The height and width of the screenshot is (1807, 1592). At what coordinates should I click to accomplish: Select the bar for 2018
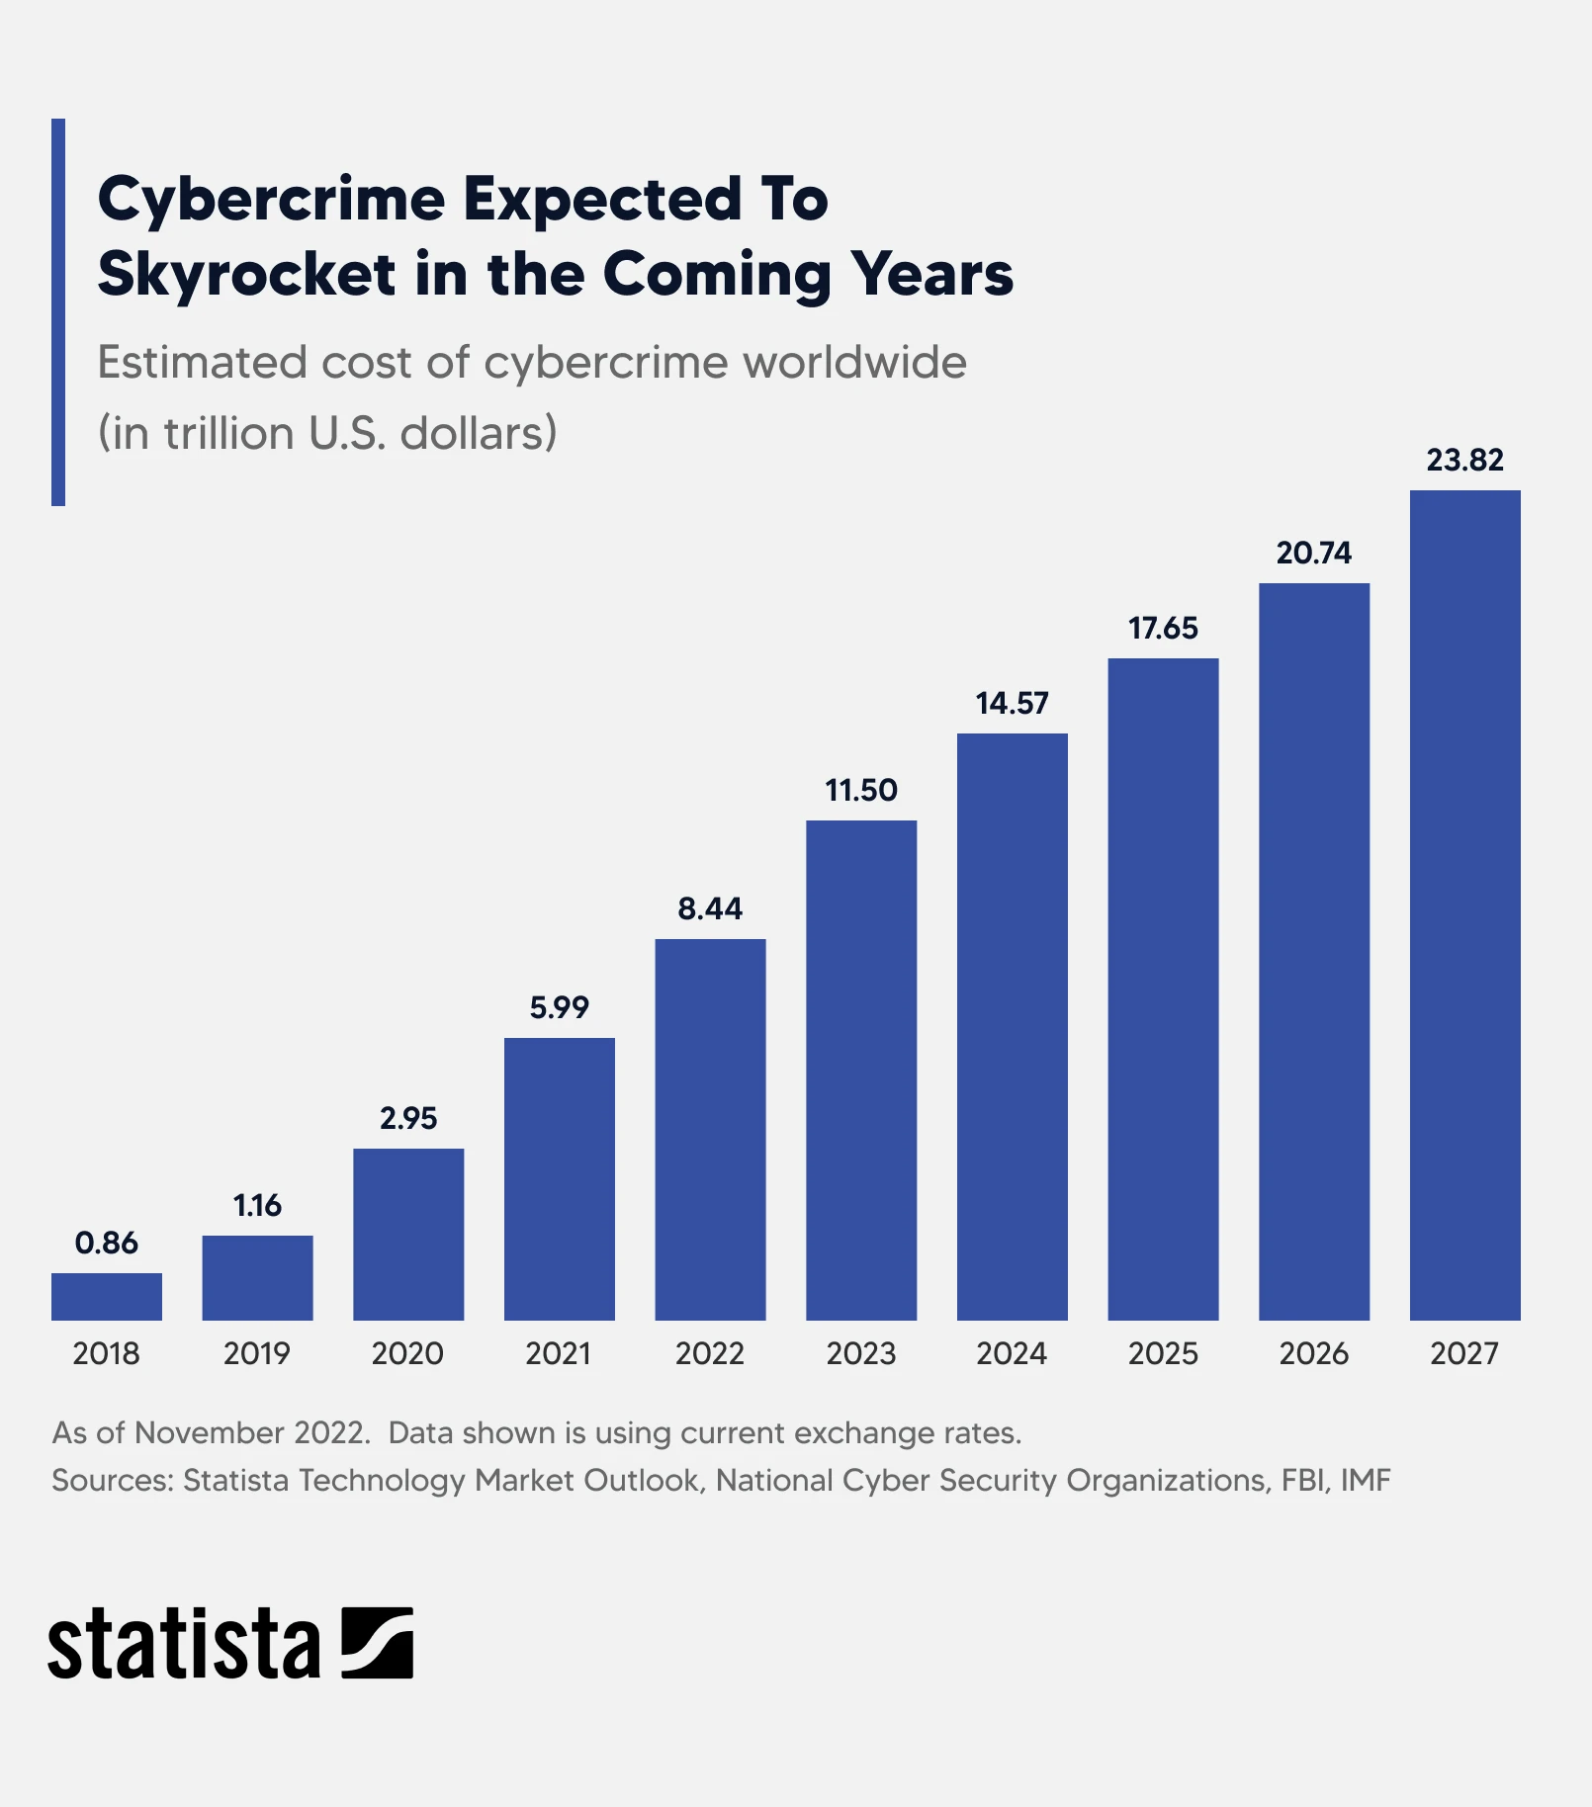pyautogui.click(x=106, y=1296)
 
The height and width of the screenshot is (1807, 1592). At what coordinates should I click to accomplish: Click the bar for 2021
pyautogui.click(x=559, y=1178)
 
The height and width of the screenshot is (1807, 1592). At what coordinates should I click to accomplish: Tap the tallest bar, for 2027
pyautogui.click(x=1464, y=904)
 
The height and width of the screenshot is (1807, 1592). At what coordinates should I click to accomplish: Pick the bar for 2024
pyautogui.click(x=1012, y=1026)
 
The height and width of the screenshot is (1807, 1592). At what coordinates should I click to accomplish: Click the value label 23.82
pyautogui.click(x=1464, y=460)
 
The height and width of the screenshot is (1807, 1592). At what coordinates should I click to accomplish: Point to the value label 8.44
pyautogui.click(x=710, y=908)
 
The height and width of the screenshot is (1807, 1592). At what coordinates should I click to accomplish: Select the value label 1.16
pyautogui.click(x=257, y=1205)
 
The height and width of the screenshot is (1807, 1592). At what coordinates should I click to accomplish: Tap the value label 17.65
pyautogui.click(x=1163, y=628)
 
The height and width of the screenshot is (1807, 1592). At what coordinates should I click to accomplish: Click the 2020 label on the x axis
pyautogui.click(x=407, y=1352)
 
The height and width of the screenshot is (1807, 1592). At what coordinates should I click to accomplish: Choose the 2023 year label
pyautogui.click(x=860, y=1352)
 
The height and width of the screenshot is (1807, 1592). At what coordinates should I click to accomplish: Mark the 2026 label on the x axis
pyautogui.click(x=1313, y=1352)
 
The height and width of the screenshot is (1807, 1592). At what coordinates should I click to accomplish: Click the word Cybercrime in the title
pyautogui.click(x=272, y=200)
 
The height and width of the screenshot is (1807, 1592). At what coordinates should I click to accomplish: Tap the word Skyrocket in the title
pyautogui.click(x=247, y=274)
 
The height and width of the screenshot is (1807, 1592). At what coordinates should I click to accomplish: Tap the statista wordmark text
pyautogui.click(x=184, y=1644)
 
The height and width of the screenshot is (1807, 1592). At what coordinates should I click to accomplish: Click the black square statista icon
pyautogui.click(x=377, y=1643)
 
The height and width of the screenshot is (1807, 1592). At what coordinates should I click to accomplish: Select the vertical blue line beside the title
pyautogui.click(x=58, y=312)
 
